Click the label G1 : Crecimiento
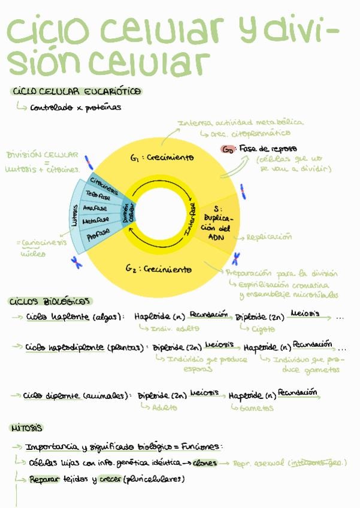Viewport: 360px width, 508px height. pos(162,158)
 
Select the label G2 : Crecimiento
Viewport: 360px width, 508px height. pos(159,269)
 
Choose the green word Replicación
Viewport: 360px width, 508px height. pos(269,237)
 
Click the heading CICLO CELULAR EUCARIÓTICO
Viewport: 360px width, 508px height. pos(76,92)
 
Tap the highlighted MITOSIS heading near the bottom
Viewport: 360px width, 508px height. pos(26,428)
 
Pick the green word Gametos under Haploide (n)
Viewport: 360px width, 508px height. pos(256,408)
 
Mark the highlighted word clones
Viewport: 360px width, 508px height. pos(205,463)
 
